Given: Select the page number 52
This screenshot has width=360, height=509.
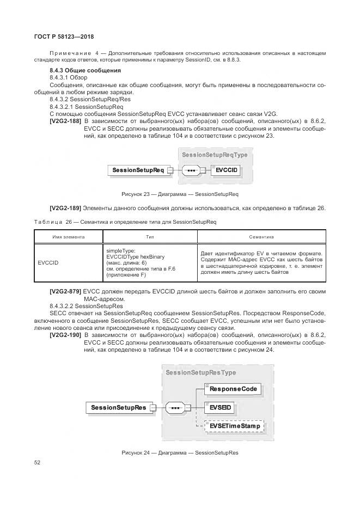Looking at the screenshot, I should (x=38, y=462).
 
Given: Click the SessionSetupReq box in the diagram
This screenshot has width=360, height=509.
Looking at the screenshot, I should (x=138, y=170).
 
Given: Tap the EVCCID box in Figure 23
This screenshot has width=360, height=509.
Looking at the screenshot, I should (x=226, y=170).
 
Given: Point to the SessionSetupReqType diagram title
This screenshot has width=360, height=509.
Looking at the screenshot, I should (x=215, y=155).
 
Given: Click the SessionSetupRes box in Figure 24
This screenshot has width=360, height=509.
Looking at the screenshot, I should (x=118, y=407).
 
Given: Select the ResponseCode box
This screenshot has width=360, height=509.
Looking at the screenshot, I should (x=233, y=389).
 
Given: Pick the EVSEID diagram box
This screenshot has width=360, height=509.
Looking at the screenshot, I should (x=221, y=407).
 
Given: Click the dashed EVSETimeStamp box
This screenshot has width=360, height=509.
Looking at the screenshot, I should (x=234, y=426).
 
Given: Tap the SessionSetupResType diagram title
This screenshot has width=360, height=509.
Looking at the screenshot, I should (x=201, y=372).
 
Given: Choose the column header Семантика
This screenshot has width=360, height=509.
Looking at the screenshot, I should (x=261, y=237).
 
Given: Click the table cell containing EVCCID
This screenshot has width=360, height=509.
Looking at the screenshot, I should (x=48, y=263).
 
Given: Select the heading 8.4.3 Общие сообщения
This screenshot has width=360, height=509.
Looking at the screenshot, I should (x=85, y=71).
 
